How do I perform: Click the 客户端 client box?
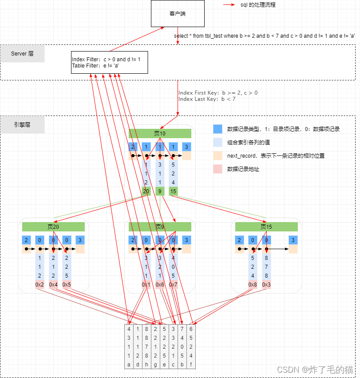178,14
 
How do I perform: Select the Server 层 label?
22,53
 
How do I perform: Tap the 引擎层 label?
22,125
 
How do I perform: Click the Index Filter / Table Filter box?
109,62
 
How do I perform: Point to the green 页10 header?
160,133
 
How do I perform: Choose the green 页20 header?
53,227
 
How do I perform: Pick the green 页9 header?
160,227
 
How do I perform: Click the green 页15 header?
266,227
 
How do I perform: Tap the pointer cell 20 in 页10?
146,191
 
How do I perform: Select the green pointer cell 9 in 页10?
160,191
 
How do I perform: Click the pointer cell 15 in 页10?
173,191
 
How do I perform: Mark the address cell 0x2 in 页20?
40,285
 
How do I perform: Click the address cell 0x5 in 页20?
67,285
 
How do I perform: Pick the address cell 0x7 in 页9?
173,285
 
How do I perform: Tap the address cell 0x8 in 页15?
253,285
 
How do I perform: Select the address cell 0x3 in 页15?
266,285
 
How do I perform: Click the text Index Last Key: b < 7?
207,99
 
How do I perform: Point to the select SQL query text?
264,36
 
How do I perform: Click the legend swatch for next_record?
218,155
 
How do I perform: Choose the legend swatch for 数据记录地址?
218,169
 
